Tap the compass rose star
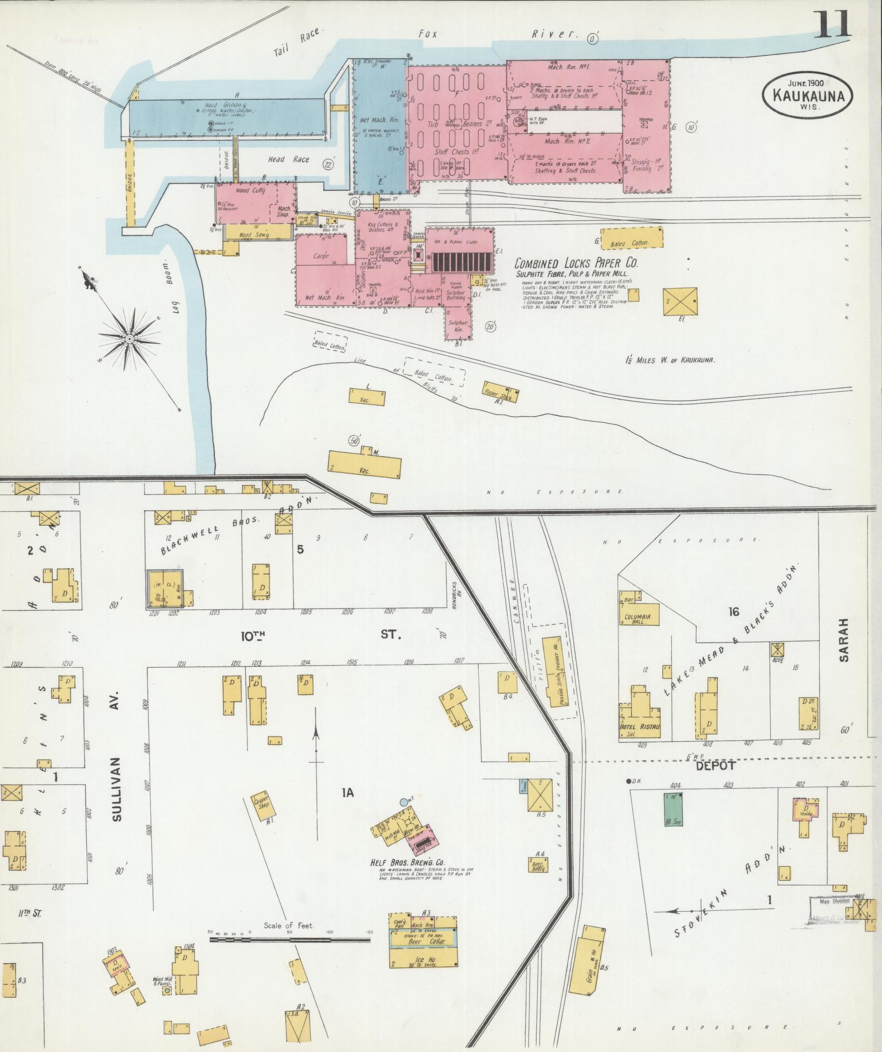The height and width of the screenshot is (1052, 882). pyautogui.click(x=129, y=338)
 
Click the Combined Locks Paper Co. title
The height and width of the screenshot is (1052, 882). pyautogui.click(x=576, y=263)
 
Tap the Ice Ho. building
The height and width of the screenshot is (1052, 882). pyautogui.click(x=424, y=959)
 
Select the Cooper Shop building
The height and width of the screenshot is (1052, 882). pyautogui.click(x=261, y=806)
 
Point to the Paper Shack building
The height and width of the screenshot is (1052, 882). pyautogui.click(x=501, y=392)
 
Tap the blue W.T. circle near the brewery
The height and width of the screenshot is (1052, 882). pyautogui.click(x=403, y=802)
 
